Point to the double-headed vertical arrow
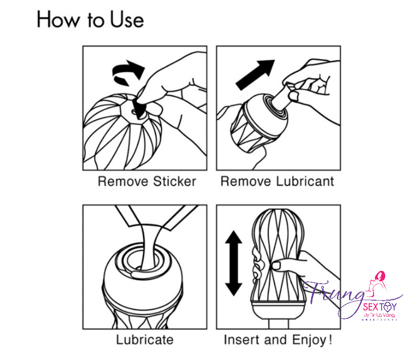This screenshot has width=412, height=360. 233,264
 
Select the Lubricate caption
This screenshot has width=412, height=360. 144,339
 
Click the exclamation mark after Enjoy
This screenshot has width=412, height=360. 330,339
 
